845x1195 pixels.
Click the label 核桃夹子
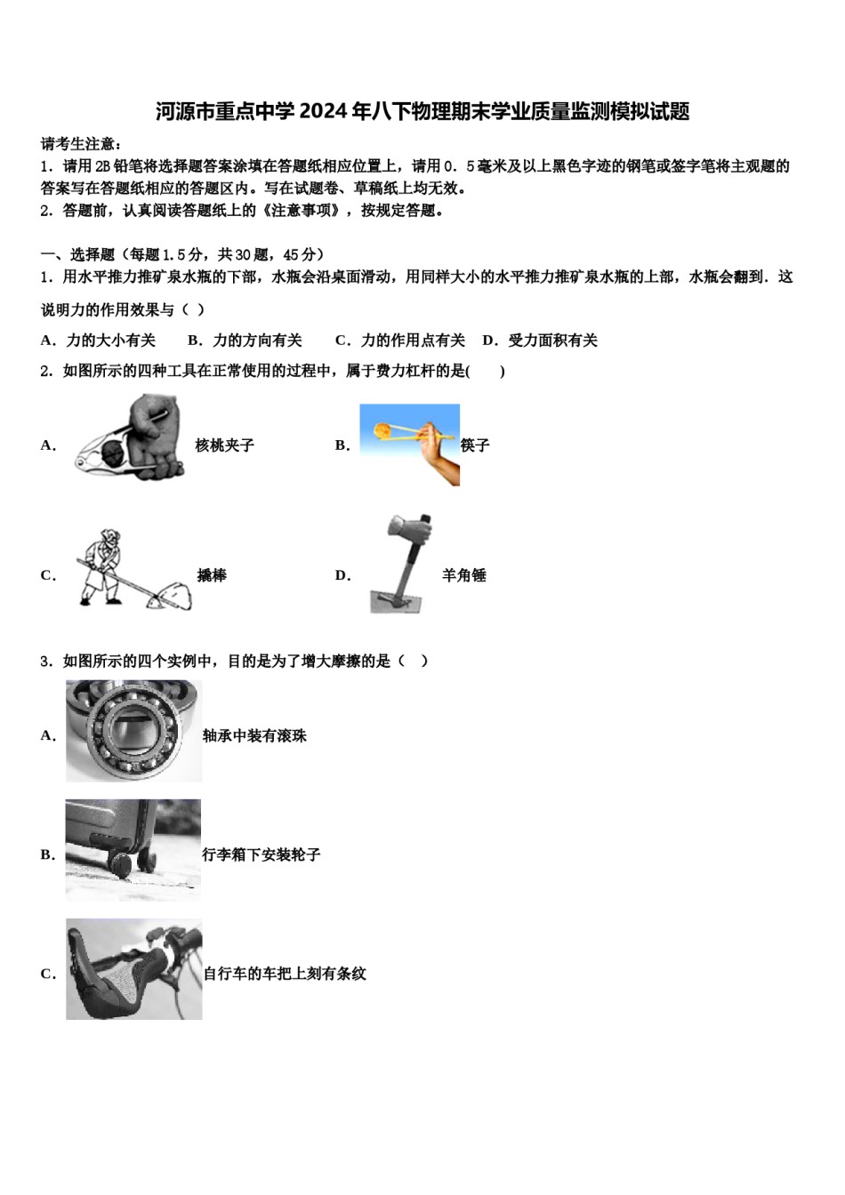225,445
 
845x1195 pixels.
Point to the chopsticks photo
409,445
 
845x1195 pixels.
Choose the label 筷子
475,445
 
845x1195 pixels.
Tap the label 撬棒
212,575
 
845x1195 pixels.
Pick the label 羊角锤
464,575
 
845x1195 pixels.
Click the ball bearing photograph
133,731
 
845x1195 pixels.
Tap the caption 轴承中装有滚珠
254,735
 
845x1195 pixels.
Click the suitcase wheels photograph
133,849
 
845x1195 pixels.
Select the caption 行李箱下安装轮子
262,854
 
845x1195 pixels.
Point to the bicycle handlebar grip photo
133,968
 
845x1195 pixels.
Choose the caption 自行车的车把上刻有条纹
285,974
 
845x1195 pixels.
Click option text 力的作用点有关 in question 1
413,340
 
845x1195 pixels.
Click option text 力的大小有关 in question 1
111,340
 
